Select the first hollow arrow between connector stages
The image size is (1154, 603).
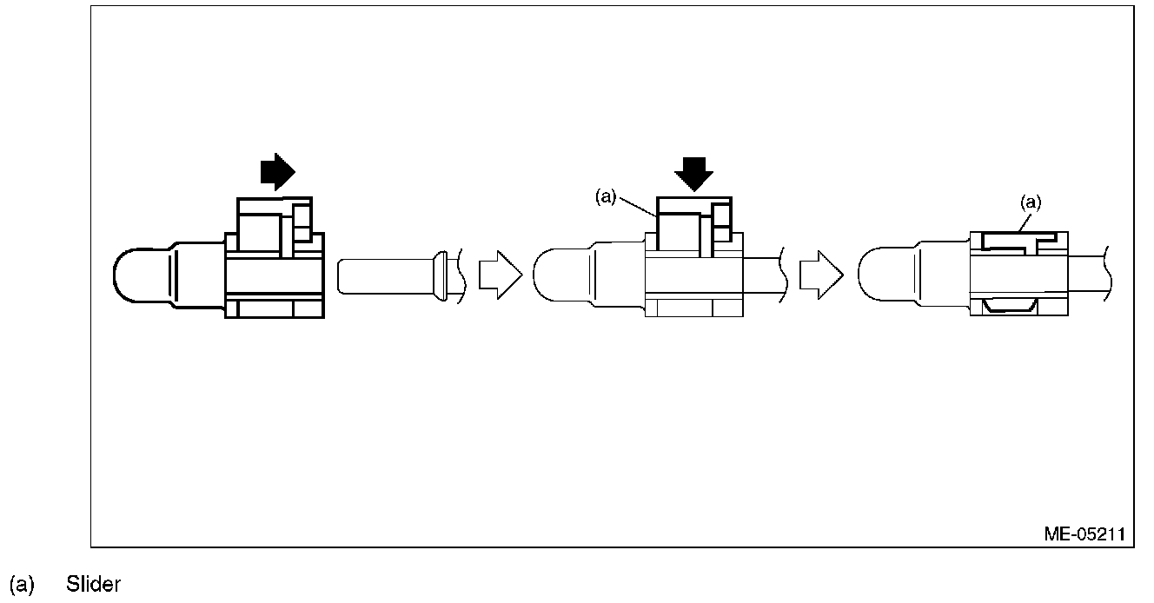coord(500,275)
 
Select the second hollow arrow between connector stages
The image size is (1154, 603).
coord(820,275)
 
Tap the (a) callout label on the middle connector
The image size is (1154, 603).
coord(606,197)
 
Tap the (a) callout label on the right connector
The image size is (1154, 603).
coord(1030,202)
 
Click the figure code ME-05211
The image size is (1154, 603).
coord(1084,534)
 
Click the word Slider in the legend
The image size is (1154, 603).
coord(93,585)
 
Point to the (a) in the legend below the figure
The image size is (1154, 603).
coord(22,585)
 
